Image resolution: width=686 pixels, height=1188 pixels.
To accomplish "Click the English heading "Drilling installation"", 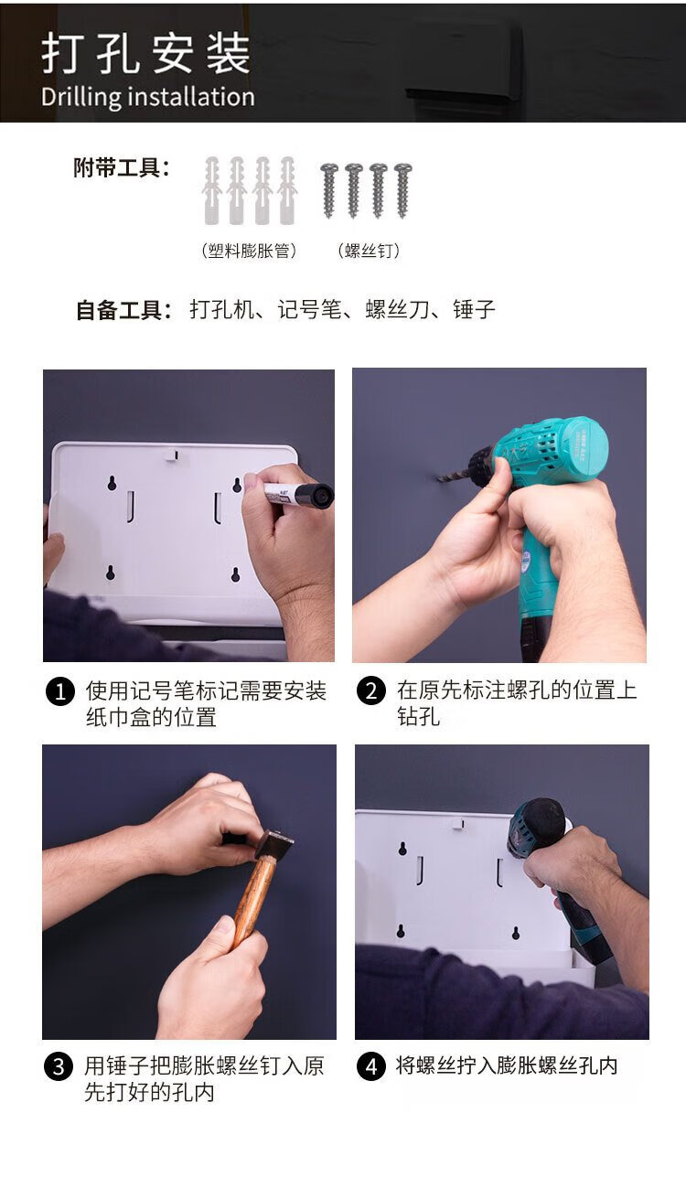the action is (x=148, y=98).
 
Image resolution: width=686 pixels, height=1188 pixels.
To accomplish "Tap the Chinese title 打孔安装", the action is (x=146, y=53).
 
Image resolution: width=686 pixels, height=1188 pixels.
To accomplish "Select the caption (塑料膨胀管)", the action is (x=249, y=251).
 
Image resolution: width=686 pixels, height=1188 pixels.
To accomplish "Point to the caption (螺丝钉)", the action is (x=369, y=251).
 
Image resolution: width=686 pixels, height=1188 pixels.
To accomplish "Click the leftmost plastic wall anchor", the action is (x=211, y=190).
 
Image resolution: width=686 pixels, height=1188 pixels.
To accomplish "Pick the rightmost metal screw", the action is (x=402, y=190).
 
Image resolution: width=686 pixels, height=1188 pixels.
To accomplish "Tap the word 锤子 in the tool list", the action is (x=474, y=309).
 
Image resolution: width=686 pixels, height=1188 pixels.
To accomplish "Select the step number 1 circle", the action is (x=59, y=691).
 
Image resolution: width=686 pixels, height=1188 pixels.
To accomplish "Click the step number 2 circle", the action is (x=370, y=691).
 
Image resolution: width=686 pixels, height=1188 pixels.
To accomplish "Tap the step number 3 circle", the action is (x=59, y=1066).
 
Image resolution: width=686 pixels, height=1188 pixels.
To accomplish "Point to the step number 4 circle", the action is (x=370, y=1066).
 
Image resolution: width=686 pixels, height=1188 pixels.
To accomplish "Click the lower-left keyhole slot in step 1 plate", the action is (x=111, y=573).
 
